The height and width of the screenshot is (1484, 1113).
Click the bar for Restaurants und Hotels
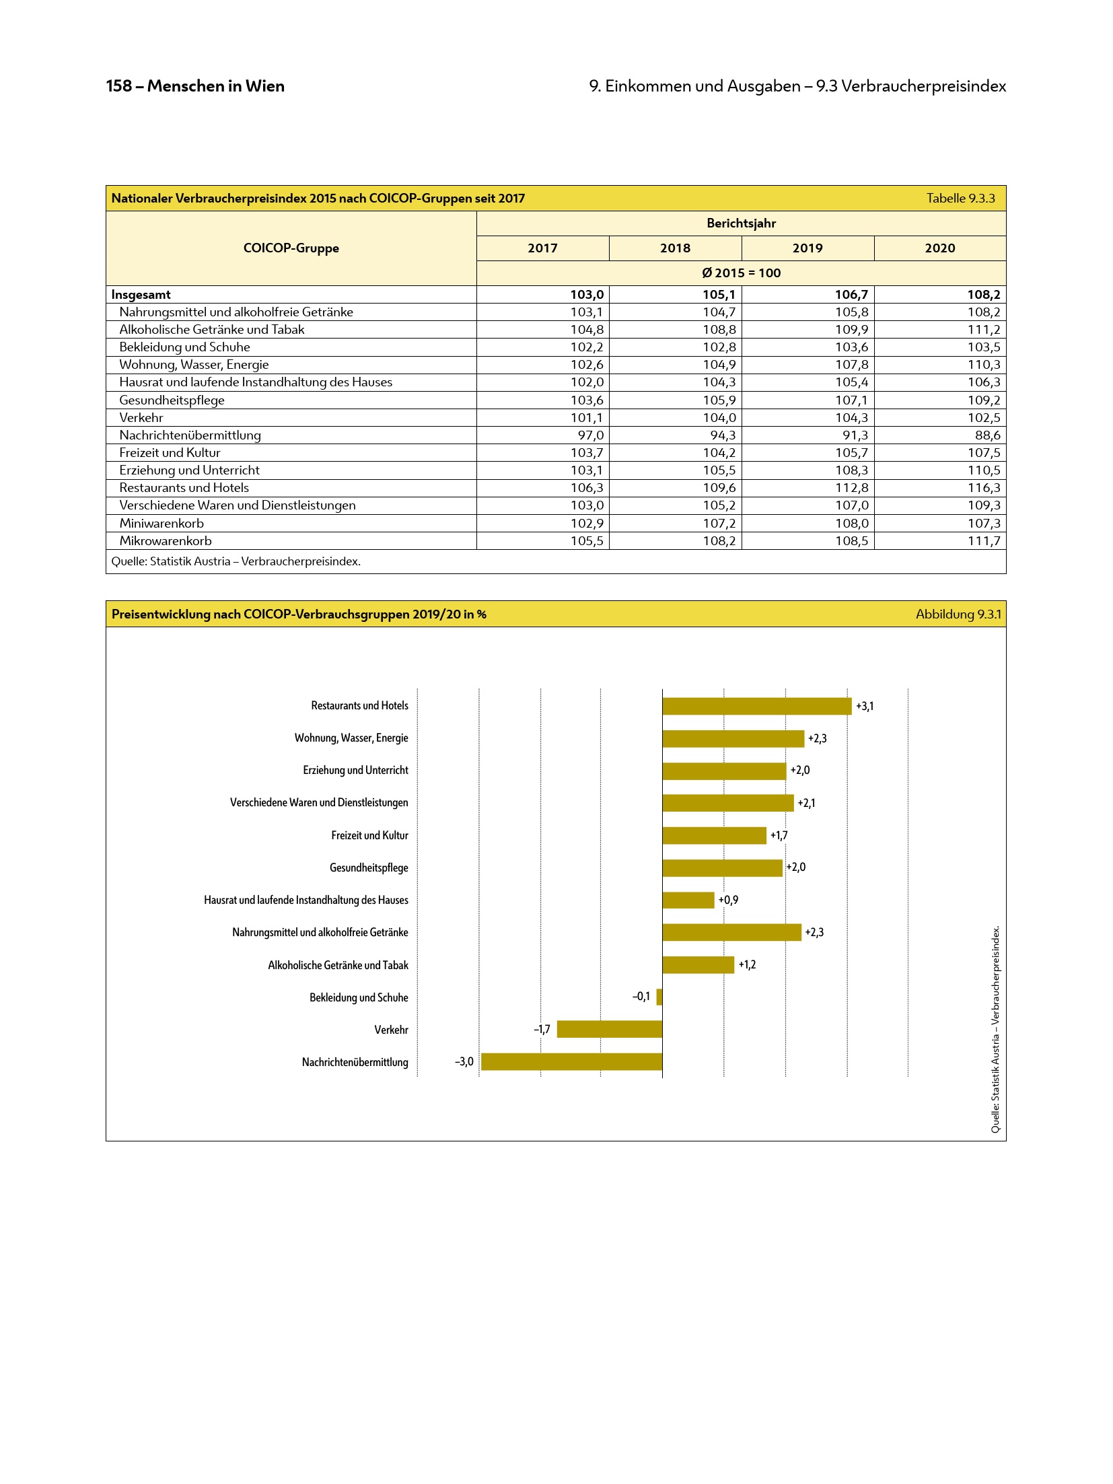click(x=756, y=706)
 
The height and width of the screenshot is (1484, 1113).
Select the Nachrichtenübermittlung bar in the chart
click(x=571, y=1061)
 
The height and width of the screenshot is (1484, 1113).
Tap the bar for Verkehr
click(x=609, y=1029)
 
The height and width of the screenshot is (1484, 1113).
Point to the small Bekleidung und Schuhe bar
click(x=659, y=997)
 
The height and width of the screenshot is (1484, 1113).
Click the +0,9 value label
click(x=728, y=900)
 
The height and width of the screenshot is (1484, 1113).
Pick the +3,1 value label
click(x=865, y=706)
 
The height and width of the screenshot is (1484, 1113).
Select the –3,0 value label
click(x=464, y=1061)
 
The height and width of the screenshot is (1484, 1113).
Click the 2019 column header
click(x=807, y=248)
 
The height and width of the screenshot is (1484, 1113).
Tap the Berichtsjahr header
click(x=741, y=223)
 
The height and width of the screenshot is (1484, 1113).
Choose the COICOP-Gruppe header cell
click(x=291, y=248)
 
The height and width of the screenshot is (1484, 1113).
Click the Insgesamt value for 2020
click(x=983, y=295)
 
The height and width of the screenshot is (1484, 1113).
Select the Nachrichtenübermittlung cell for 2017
click(x=590, y=435)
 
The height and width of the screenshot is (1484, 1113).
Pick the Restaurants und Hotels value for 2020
click(x=983, y=488)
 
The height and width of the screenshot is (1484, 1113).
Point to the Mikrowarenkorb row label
click(x=166, y=541)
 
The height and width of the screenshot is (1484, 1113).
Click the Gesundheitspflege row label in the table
click(x=172, y=400)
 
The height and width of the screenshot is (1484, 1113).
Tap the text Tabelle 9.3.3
click(x=960, y=199)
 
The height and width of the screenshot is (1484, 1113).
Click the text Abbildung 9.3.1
click(x=958, y=614)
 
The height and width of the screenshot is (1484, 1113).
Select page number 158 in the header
click(x=118, y=86)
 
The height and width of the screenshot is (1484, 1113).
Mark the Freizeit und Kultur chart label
click(x=369, y=835)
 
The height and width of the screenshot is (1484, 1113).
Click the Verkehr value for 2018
click(x=719, y=418)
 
